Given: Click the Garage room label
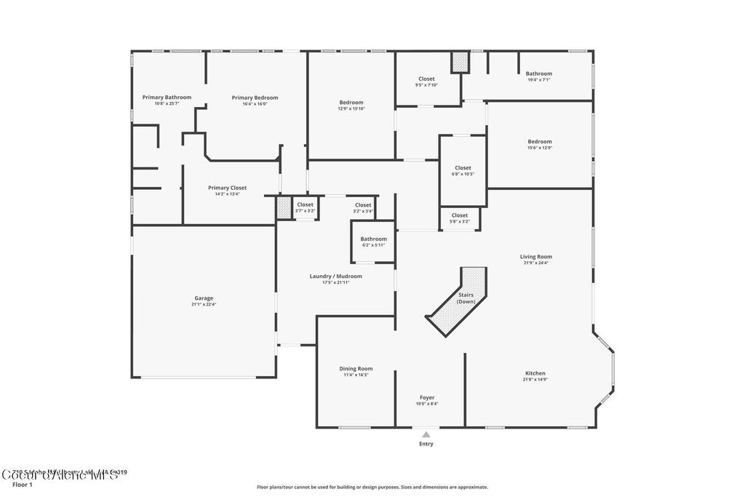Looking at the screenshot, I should pyautogui.click(x=204, y=298).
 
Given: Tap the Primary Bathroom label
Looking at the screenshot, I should pyautogui.click(x=167, y=98).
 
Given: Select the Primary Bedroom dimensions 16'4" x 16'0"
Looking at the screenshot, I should pyautogui.click(x=255, y=104).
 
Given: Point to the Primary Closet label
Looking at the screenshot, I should pyautogui.click(x=227, y=188).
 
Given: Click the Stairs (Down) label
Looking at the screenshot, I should pyautogui.click(x=466, y=298).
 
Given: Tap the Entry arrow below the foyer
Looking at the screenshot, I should pyautogui.click(x=426, y=434).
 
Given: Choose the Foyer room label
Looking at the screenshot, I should pyautogui.click(x=426, y=397).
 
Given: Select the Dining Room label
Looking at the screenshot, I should pyautogui.click(x=356, y=369).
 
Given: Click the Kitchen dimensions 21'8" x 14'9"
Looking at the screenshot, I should pyautogui.click(x=534, y=380).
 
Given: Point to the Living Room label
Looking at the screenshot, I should pyautogui.click(x=535, y=257).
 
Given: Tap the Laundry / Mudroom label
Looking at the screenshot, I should pyautogui.click(x=335, y=277).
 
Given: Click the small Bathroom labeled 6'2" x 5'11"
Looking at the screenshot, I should pyautogui.click(x=373, y=239).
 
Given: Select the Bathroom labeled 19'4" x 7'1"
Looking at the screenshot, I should pyautogui.click(x=538, y=73).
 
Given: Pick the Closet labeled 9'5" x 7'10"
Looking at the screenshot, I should pyautogui.click(x=426, y=79).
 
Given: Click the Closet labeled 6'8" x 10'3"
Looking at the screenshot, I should pyautogui.click(x=463, y=168).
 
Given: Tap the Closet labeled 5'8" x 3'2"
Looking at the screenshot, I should pyautogui.click(x=460, y=215).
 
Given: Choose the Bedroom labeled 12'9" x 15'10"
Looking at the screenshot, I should pyautogui.click(x=351, y=103).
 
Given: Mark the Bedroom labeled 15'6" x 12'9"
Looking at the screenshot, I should pyautogui.click(x=539, y=142).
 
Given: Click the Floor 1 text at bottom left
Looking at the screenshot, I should pyautogui.click(x=23, y=484).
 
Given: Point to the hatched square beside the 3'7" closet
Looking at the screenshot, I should pyautogui.click(x=284, y=208).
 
